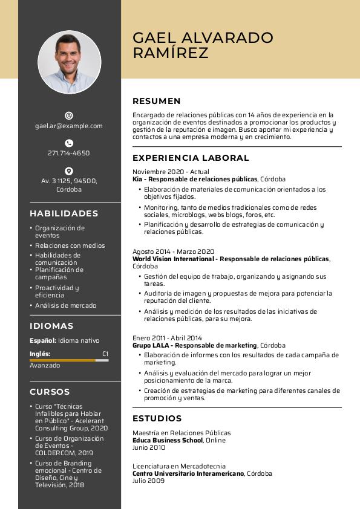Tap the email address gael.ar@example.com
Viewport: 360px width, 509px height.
[69, 126]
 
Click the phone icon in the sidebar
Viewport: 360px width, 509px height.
[69, 143]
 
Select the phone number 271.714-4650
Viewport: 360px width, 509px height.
[69, 153]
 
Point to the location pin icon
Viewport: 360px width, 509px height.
[69, 171]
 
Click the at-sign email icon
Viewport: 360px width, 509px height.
[69, 115]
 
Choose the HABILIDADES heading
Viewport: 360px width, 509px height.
[64, 213]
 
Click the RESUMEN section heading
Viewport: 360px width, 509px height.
[156, 101]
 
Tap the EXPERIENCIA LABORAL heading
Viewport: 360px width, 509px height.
[191, 158]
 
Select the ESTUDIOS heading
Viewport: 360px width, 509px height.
[157, 418]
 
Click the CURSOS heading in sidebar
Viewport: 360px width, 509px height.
[50, 392]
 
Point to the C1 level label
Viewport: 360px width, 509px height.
[105, 354]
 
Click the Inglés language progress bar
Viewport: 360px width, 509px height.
[69, 360]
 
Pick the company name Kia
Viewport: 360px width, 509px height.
[137, 180]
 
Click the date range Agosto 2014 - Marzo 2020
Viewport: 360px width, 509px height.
[173, 251]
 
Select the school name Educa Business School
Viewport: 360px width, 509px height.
[168, 441]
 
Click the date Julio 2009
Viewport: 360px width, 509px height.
[148, 481]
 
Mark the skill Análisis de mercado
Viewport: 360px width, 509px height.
[65, 306]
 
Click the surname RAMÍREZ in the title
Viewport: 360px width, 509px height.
[170, 53]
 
